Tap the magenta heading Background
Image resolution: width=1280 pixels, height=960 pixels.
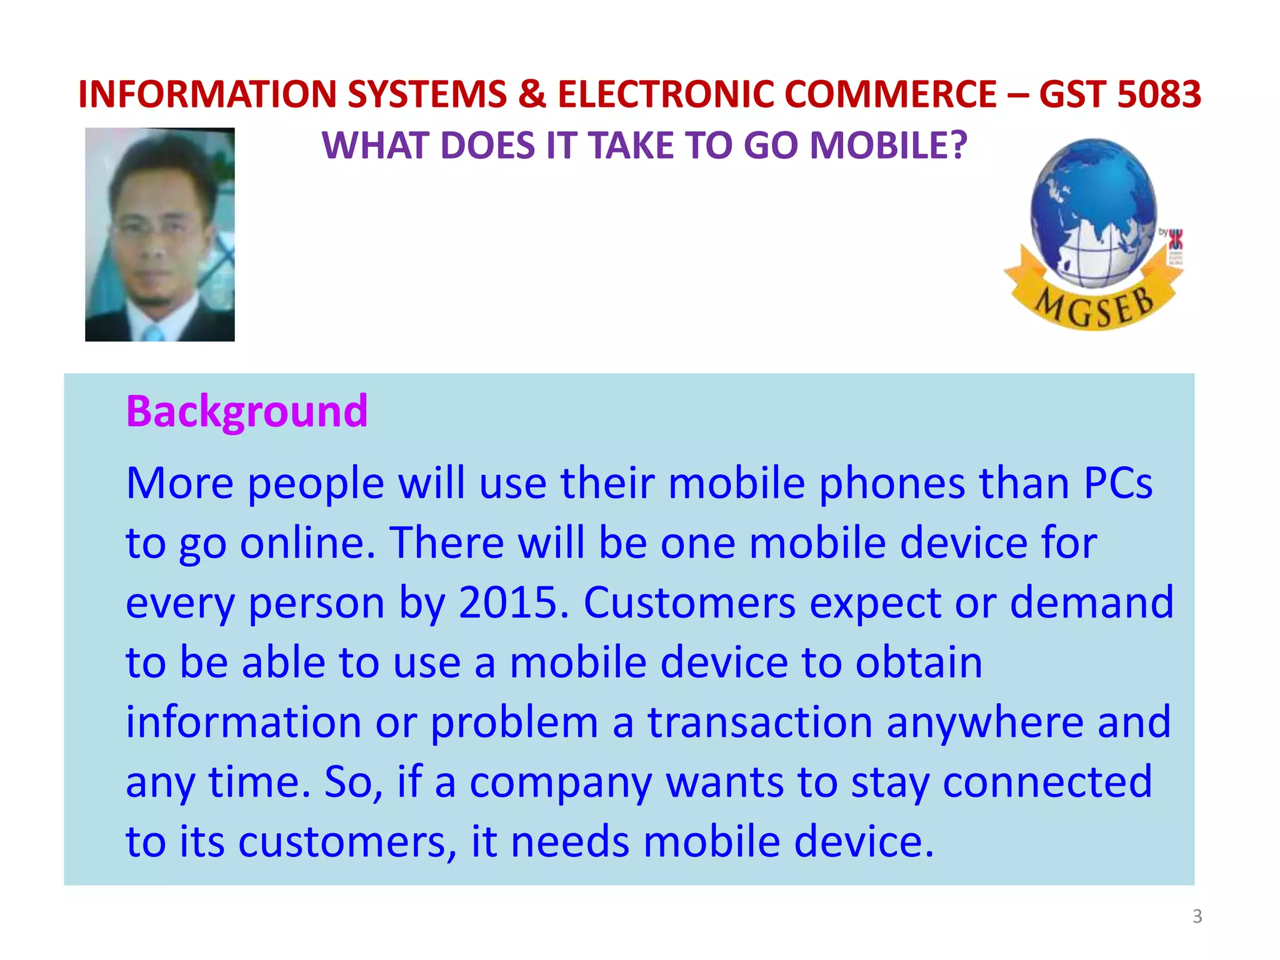tap(247, 411)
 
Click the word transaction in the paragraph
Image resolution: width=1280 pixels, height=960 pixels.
tap(759, 722)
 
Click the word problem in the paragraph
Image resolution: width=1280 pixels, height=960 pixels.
tap(514, 722)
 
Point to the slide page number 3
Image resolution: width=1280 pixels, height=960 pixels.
tap(1197, 916)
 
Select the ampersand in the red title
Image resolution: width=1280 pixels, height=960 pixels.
tap(532, 94)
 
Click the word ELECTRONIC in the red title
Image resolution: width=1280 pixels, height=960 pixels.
tap(667, 94)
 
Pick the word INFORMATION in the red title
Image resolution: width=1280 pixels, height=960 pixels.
tap(208, 94)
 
